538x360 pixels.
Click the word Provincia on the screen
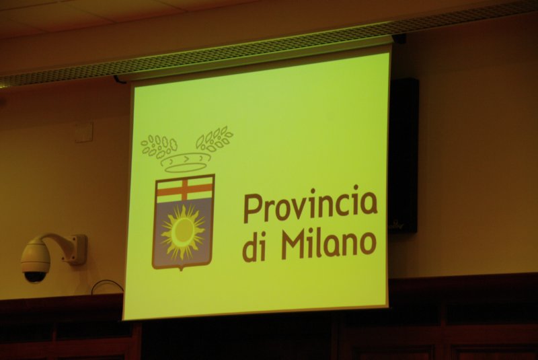311,205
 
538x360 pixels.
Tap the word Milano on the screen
329,245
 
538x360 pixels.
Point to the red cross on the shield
185,189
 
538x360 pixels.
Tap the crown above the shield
186,162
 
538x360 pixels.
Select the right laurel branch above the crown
214,139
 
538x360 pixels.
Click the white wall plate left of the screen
83,132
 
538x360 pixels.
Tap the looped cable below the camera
107,286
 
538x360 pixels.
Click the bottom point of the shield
182,270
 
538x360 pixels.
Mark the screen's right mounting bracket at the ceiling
399,38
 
